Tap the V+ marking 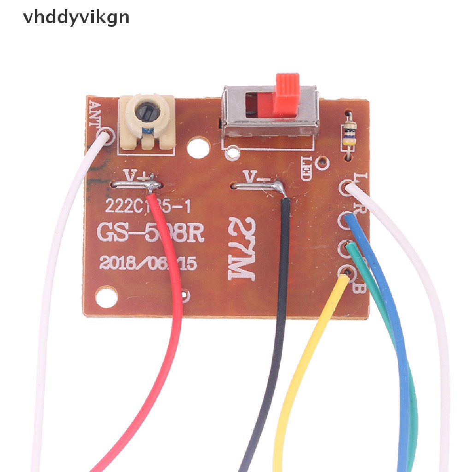(136, 176)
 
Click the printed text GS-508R (150, 233)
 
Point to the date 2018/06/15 (148, 263)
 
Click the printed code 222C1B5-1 (148, 206)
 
